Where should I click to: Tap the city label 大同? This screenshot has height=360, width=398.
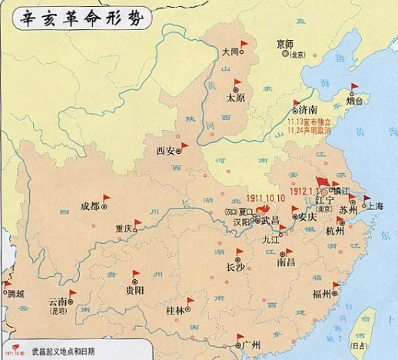(229, 52)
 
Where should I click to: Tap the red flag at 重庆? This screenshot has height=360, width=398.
(138, 224)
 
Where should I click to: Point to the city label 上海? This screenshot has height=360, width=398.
(376, 206)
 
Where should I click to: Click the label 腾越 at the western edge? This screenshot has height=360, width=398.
(15, 293)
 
